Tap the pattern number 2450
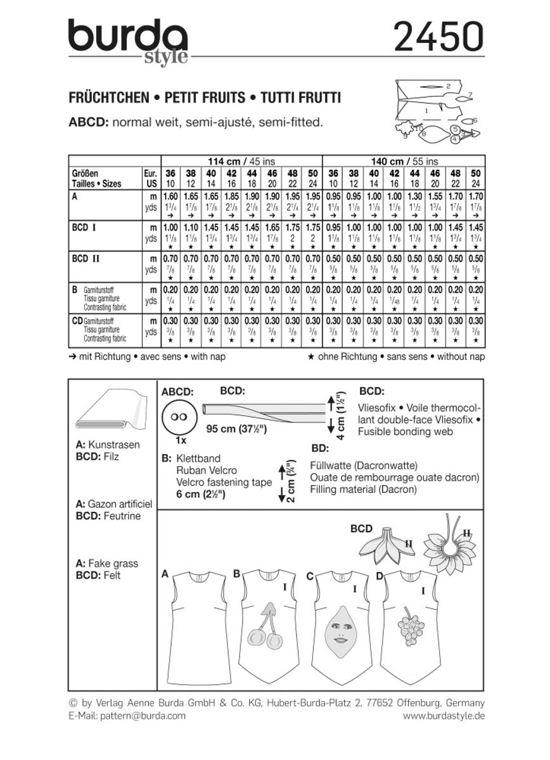coord(438,37)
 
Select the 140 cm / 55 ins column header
coord(404,161)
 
